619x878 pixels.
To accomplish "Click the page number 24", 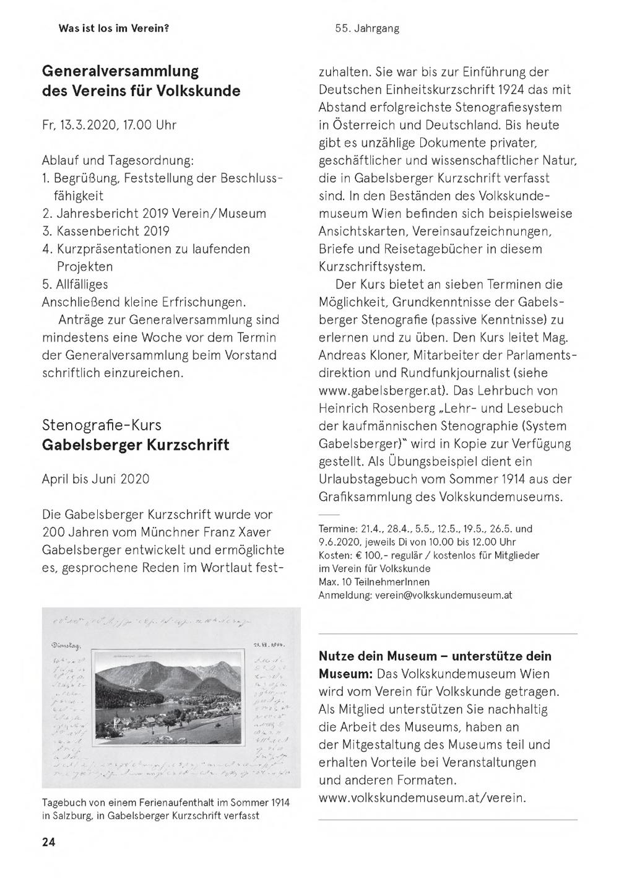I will (x=49, y=842).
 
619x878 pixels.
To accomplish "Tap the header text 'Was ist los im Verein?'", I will (x=114, y=28).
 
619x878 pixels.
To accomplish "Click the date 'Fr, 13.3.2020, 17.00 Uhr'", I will (x=109, y=124).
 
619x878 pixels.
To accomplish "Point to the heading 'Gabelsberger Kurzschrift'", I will (x=136, y=445).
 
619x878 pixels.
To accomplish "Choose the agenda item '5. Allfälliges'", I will (x=75, y=284).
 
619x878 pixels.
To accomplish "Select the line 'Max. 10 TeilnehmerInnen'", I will (x=374, y=582).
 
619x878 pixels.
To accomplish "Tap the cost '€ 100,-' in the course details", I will (x=371, y=555).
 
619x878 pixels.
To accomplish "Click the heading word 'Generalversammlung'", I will (x=120, y=71).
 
